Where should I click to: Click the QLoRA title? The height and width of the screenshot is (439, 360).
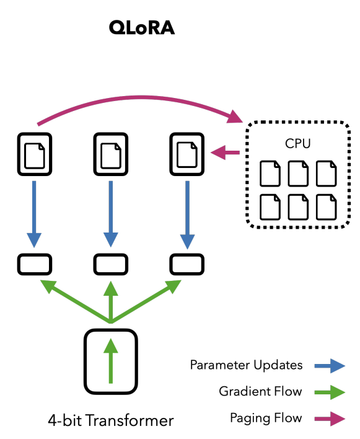click(141, 28)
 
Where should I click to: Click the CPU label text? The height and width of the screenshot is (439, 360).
click(298, 143)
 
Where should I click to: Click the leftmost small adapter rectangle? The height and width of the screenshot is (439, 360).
click(34, 265)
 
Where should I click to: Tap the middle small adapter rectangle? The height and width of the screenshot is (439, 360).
click(110, 265)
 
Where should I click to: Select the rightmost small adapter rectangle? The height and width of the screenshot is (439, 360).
click(187, 265)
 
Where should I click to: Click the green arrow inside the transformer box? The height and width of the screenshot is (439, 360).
click(110, 360)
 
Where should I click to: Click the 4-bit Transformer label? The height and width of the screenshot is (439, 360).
click(111, 421)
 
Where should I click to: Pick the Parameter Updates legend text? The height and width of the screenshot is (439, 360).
click(246, 365)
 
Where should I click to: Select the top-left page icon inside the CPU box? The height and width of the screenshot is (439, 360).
click(269, 174)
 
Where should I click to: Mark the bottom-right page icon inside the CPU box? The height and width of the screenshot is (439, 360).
click(326, 206)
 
